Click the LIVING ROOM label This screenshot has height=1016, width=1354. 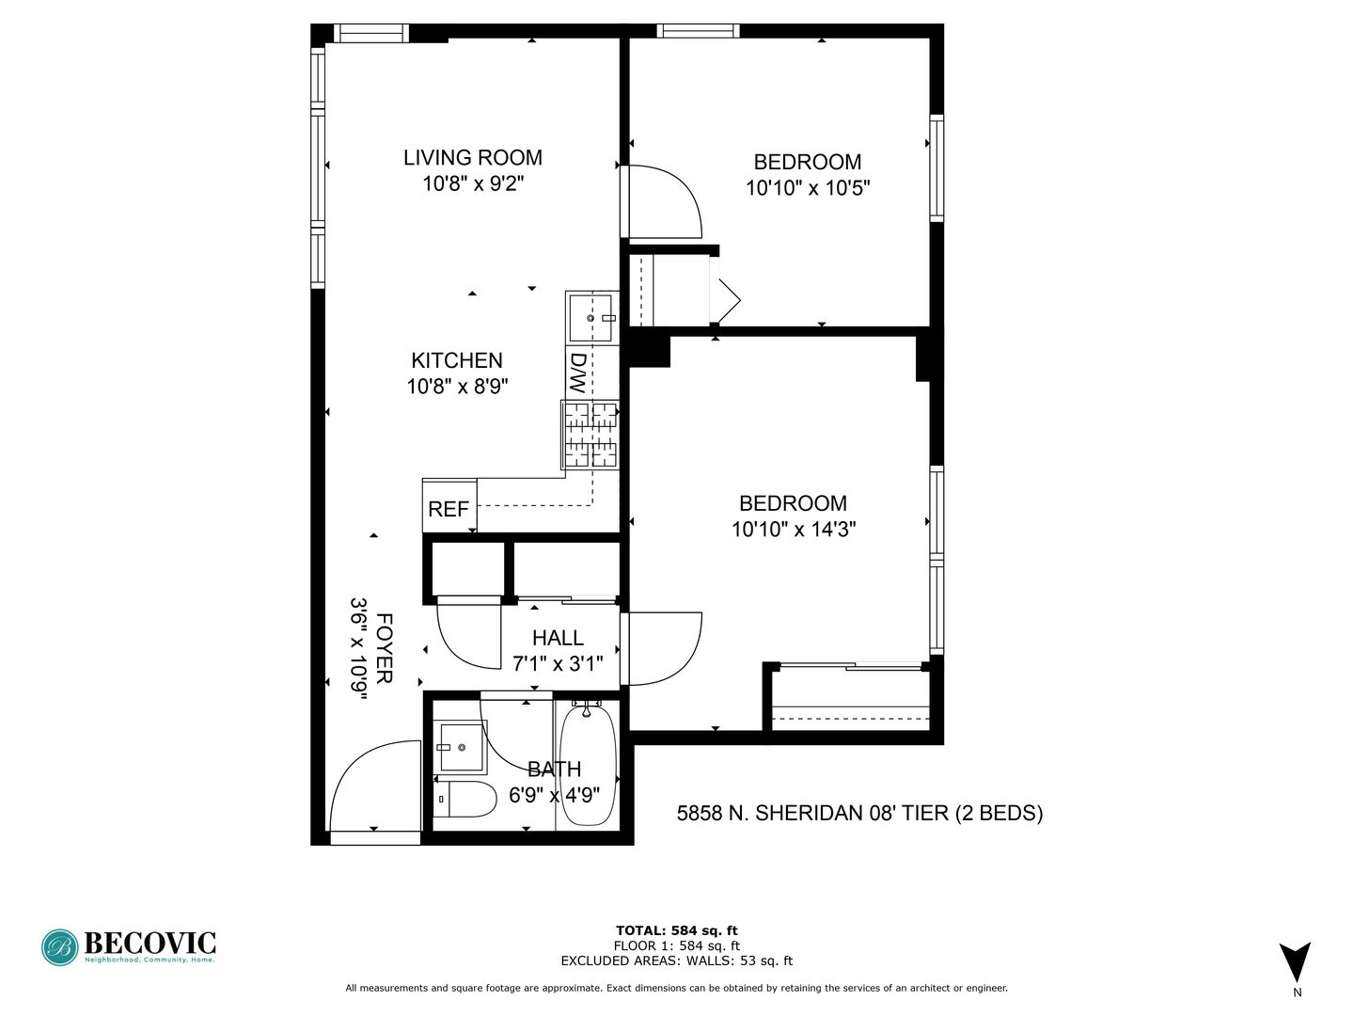click(473, 158)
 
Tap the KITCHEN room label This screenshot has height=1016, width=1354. click(457, 360)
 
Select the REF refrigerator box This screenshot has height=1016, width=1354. click(449, 505)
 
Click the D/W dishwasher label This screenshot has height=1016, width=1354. click(577, 373)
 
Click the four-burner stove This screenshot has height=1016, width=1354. click(590, 435)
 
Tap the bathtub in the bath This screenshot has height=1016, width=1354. click(588, 765)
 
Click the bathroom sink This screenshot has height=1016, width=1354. click(461, 748)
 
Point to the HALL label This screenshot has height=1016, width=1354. click(558, 637)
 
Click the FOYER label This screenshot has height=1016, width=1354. click(384, 648)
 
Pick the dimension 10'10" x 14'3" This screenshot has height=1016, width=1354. click(794, 530)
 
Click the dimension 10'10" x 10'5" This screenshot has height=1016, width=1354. click(808, 187)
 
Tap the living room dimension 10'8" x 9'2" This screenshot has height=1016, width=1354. click(473, 183)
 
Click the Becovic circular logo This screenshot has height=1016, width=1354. click(60, 947)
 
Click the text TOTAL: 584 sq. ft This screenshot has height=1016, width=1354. click(677, 930)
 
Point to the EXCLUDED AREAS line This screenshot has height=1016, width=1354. click(677, 960)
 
